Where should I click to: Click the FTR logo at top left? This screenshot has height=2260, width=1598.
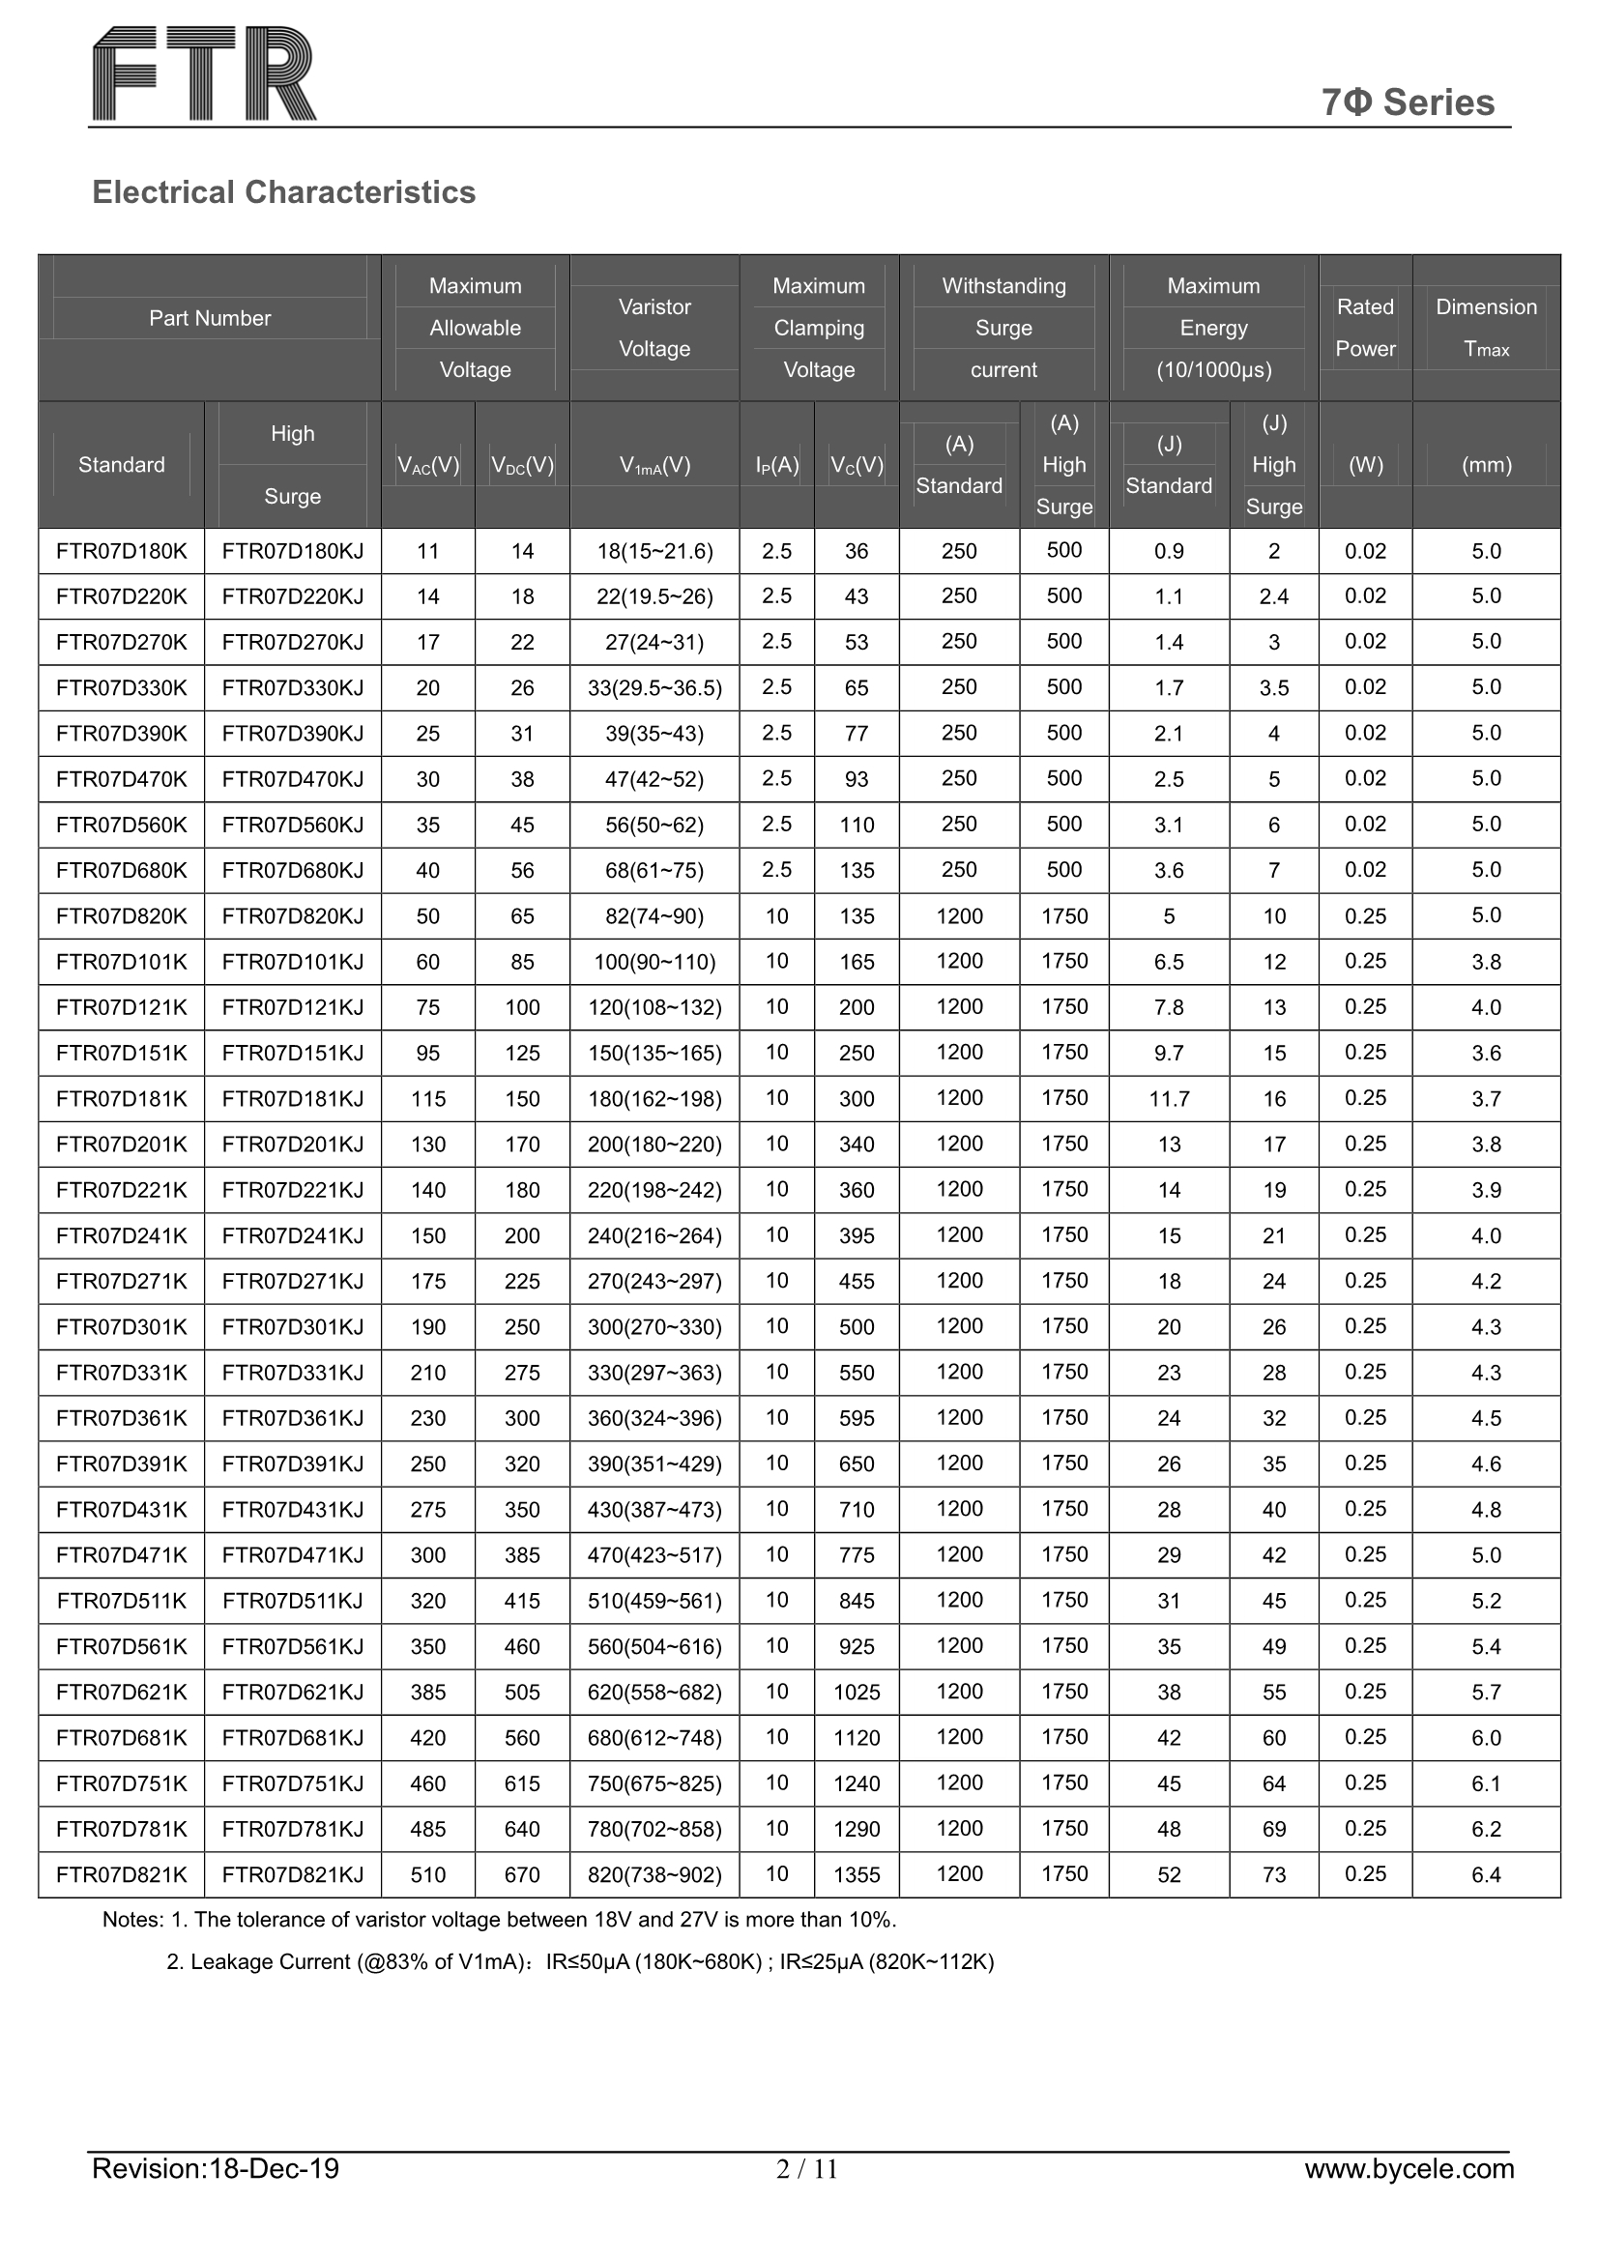[205, 73]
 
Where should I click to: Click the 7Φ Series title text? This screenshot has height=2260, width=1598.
[1407, 102]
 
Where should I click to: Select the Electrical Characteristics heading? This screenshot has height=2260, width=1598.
[283, 192]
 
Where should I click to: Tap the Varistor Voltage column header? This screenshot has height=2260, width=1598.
[654, 328]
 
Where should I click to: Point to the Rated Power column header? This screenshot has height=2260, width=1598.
[1365, 328]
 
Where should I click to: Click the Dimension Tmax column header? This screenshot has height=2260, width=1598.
[1486, 328]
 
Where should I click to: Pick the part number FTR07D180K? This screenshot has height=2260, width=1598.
[121, 551]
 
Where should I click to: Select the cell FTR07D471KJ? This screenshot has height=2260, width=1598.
[292, 1555]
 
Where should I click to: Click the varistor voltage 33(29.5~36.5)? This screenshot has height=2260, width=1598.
[654, 688]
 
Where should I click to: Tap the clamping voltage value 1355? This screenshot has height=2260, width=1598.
[857, 1875]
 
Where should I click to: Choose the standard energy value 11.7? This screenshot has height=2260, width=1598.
[1169, 1098]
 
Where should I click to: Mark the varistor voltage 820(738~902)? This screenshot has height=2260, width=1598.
[654, 1875]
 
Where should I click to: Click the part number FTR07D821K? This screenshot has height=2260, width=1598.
[121, 1875]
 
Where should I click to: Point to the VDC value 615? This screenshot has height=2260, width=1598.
[522, 1783]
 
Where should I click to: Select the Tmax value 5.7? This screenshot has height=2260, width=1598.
[1486, 1692]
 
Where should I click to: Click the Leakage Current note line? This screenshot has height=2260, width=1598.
[580, 1961]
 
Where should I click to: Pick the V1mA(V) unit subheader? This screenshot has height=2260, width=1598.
[654, 466]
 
